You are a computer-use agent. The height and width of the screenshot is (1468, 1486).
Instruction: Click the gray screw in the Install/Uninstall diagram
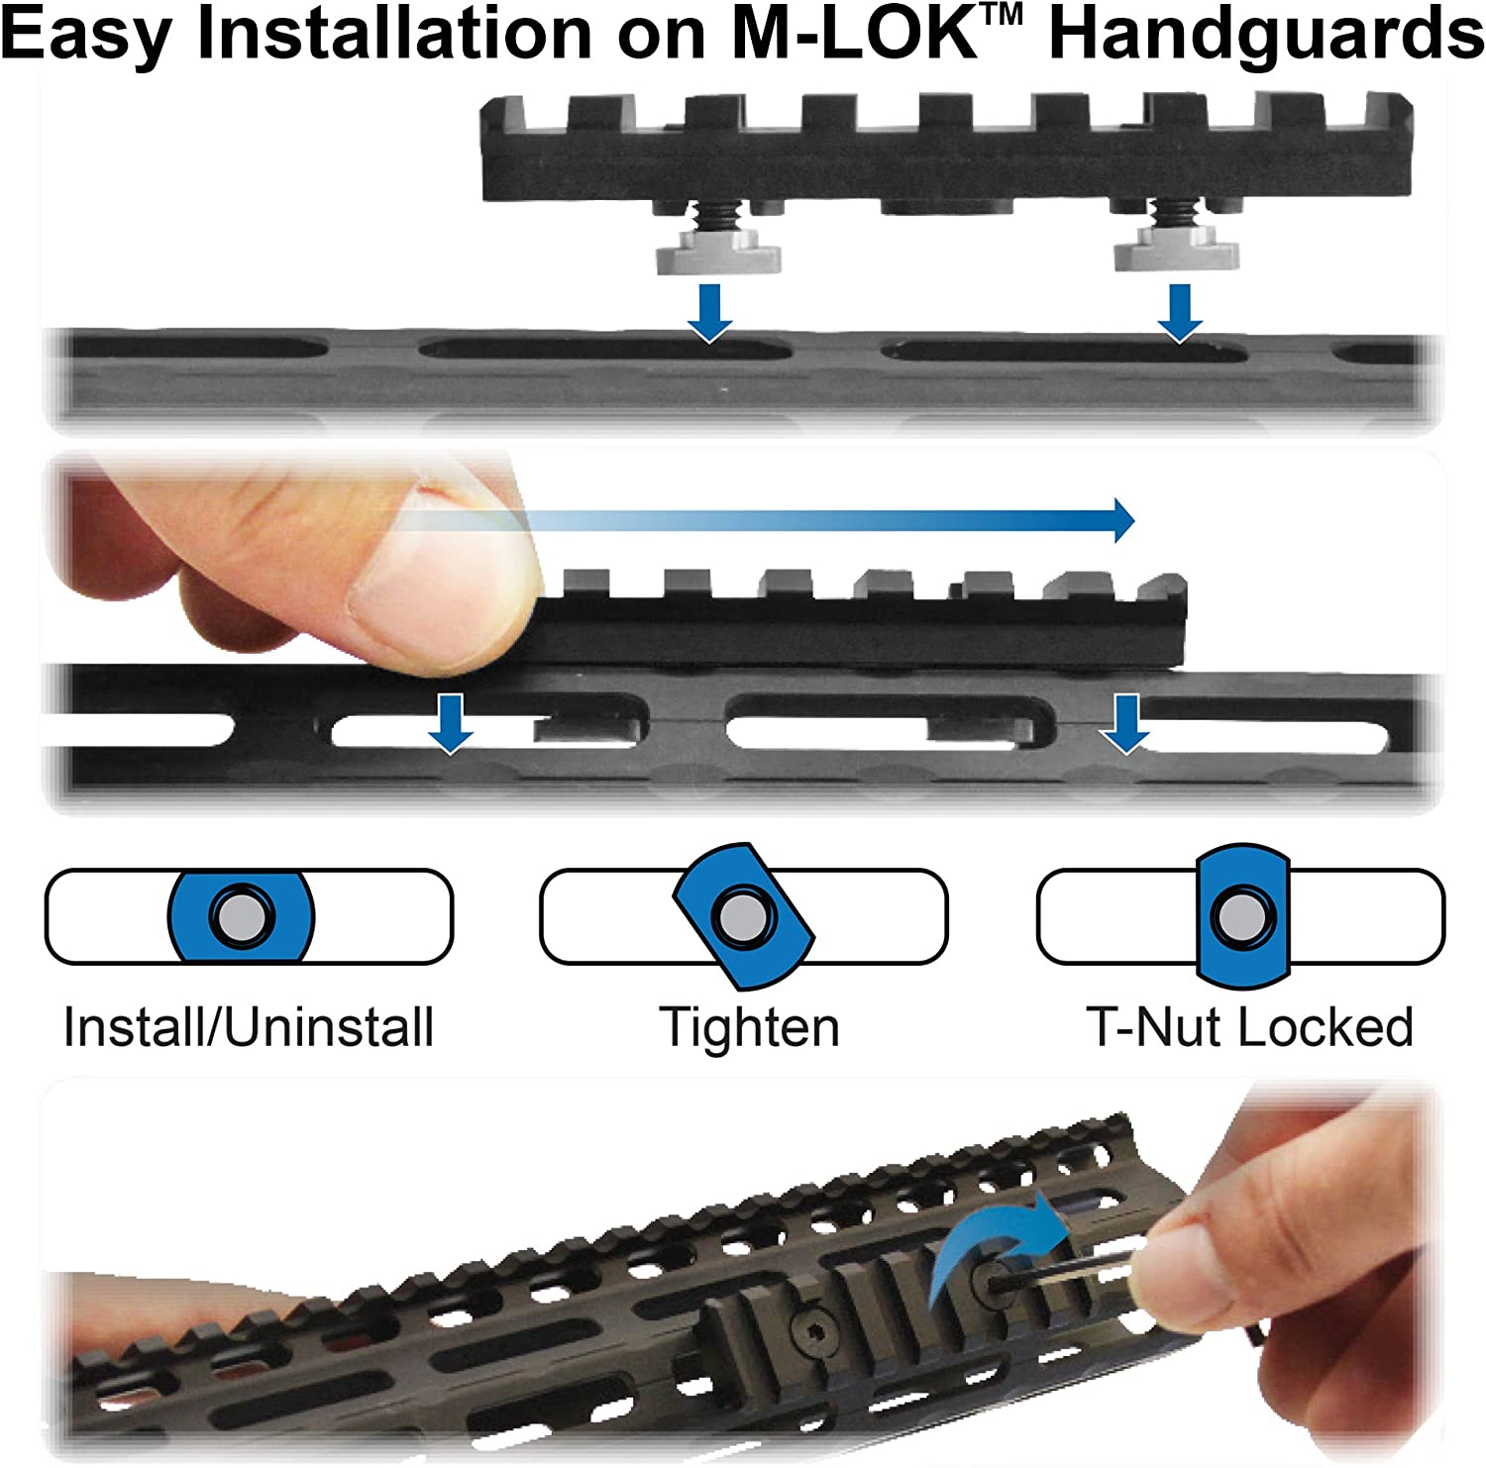click(x=240, y=916)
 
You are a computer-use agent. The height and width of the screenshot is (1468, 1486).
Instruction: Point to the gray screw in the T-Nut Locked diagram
click(x=1239, y=916)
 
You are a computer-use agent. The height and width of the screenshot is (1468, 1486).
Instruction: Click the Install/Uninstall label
click(x=248, y=1027)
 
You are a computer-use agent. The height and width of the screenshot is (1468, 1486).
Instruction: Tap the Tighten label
click(x=750, y=1027)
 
